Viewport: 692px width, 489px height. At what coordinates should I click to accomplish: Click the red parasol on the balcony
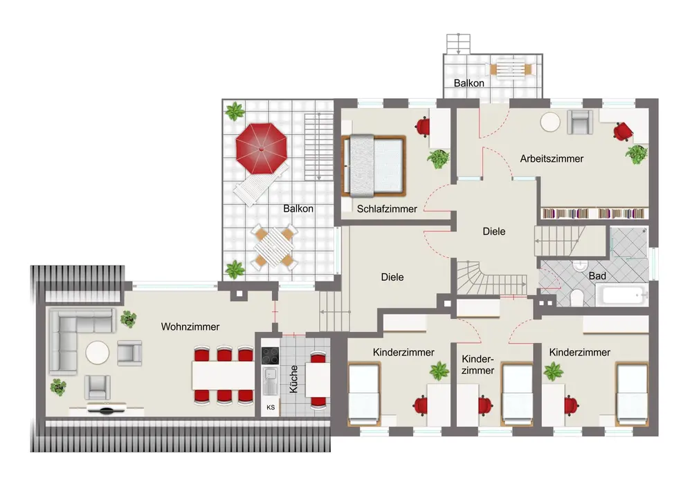pos(262,148)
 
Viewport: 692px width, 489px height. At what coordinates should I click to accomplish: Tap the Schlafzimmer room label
pos(387,209)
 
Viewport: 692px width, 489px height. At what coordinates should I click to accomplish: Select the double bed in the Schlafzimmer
pos(374,166)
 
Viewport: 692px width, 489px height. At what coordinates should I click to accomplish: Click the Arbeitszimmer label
pos(552,158)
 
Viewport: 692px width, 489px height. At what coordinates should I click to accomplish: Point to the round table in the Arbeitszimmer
pos(550,122)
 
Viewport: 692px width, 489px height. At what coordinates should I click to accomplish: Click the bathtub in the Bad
pos(622,295)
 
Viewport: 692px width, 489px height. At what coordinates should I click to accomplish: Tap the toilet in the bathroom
pos(576,298)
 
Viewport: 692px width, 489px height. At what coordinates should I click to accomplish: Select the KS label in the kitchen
pos(271,407)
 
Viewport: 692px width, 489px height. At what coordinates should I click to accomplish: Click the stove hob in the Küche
pos(270,356)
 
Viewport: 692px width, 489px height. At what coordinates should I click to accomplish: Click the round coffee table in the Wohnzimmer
pos(97,353)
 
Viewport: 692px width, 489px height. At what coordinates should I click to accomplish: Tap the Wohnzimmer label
pos(190,326)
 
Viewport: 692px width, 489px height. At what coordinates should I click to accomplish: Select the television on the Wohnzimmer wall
pos(107,409)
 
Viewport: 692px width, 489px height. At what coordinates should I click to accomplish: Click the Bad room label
pos(597,276)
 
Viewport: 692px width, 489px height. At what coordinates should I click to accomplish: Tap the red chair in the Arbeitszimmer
pos(623,131)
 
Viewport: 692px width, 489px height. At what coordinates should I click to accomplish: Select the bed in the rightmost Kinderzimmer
pos(632,394)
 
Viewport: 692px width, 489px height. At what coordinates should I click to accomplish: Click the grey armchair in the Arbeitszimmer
pos(580,122)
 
